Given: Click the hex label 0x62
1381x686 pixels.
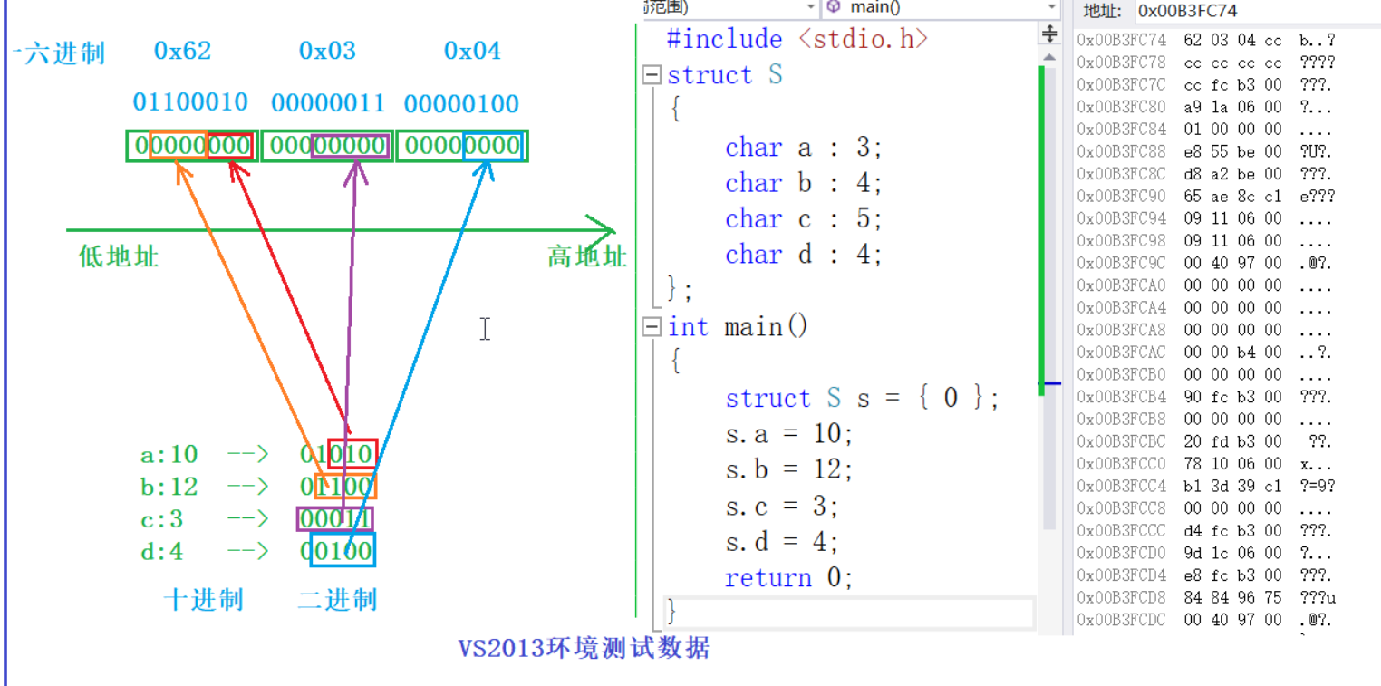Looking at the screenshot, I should coord(182,51).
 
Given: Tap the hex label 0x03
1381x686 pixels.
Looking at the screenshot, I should coord(327,51).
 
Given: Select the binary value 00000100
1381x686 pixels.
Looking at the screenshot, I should coord(461,103).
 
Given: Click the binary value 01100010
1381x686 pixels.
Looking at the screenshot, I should coord(190,102).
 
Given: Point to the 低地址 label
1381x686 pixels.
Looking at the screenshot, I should coord(119,256).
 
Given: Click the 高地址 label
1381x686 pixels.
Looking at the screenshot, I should coord(586,256).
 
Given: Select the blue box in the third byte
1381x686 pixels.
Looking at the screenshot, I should coord(492,146).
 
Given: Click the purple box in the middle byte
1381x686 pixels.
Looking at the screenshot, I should coord(351,146).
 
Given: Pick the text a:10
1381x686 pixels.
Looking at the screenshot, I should coord(169,454).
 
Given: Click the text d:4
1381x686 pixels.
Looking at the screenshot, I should coord(162,551).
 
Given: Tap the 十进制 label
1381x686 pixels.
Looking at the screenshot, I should coord(203,600).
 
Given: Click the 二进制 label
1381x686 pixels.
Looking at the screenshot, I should coord(337,600).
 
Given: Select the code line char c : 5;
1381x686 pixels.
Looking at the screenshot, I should coord(803,219).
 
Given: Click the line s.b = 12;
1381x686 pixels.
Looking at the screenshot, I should coord(788,469).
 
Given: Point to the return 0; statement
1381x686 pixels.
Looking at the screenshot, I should coord(788,577).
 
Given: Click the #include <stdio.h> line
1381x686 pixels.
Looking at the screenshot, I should coord(797,39).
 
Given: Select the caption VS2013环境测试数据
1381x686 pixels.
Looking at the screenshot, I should coord(584,649).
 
